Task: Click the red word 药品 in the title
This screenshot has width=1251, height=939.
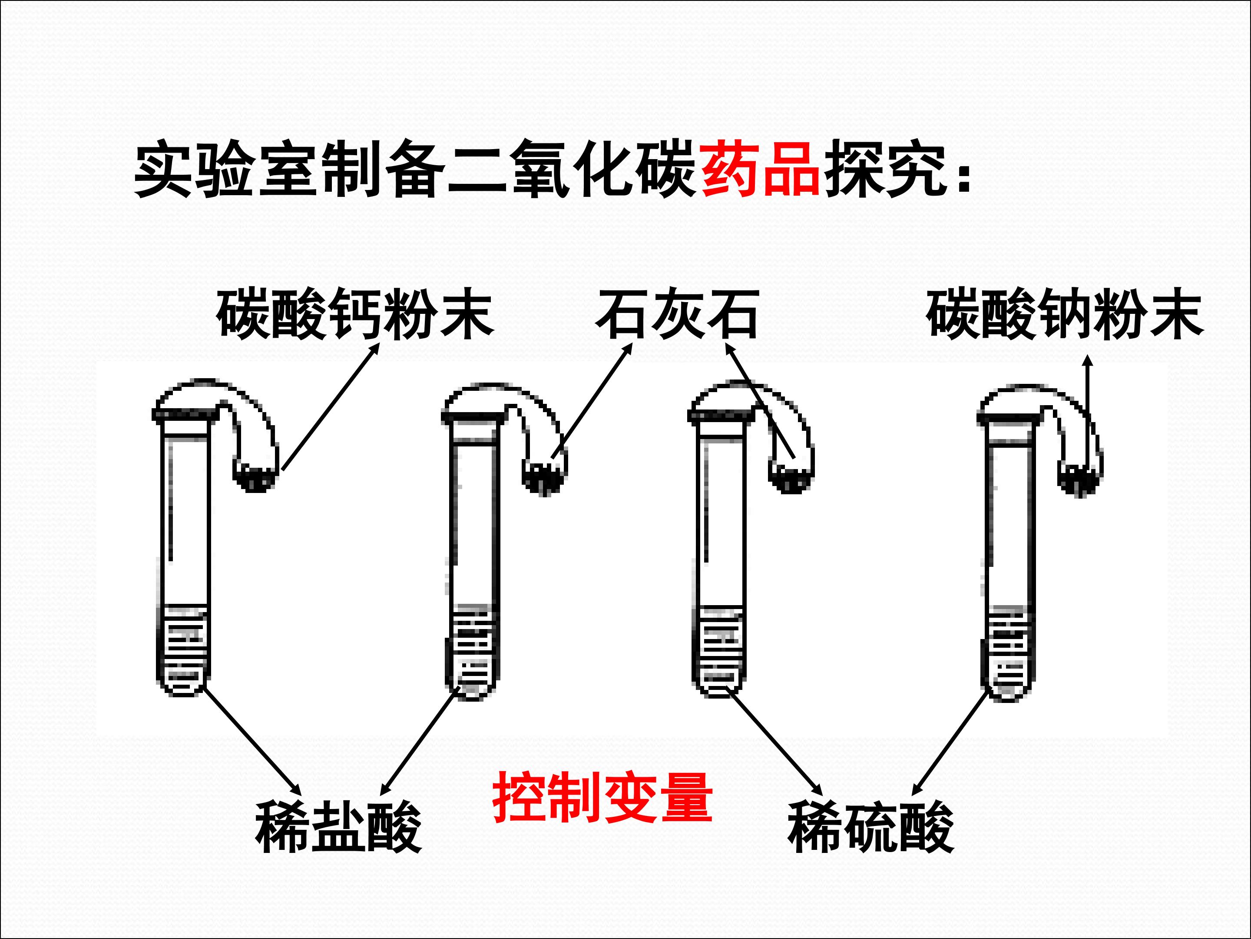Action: coord(760,170)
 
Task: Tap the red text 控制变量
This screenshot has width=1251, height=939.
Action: coord(602,798)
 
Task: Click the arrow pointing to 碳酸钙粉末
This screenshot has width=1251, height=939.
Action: coord(330,407)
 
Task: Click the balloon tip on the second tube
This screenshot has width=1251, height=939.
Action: coord(544,479)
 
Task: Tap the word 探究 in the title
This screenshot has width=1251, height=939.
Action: coord(885,170)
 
